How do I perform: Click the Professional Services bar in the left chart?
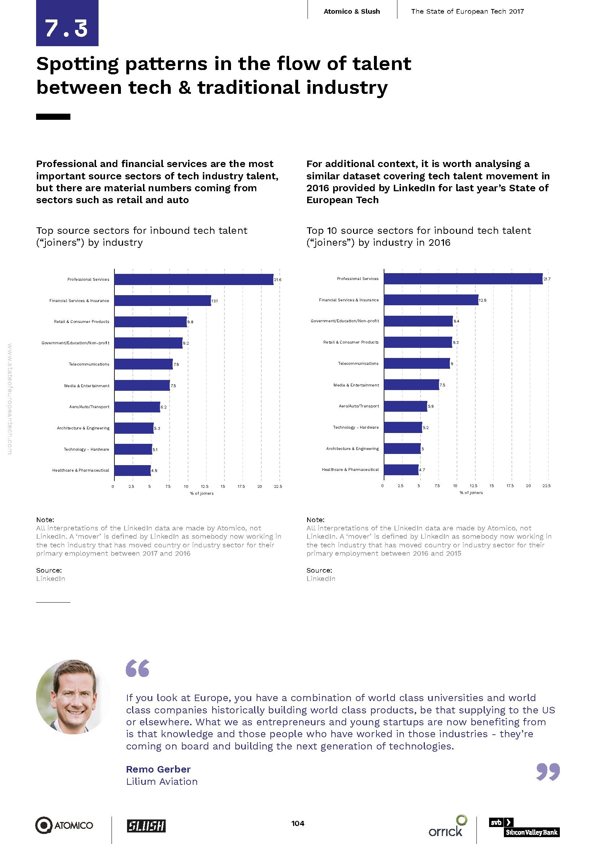click(x=194, y=279)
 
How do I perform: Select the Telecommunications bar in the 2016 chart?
click(x=417, y=364)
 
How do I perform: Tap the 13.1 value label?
click(x=214, y=301)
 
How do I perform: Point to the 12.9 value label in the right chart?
click(x=482, y=300)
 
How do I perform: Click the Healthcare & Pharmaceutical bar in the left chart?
click(x=132, y=471)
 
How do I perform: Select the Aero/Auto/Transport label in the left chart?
click(x=89, y=407)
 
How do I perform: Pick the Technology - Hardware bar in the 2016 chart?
click(x=403, y=428)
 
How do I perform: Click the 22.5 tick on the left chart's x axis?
click(x=278, y=487)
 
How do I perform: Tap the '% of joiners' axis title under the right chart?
click(x=471, y=493)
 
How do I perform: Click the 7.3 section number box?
click(x=67, y=23)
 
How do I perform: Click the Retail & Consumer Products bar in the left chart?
click(x=151, y=322)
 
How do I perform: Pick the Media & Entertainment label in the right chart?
click(x=356, y=385)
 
